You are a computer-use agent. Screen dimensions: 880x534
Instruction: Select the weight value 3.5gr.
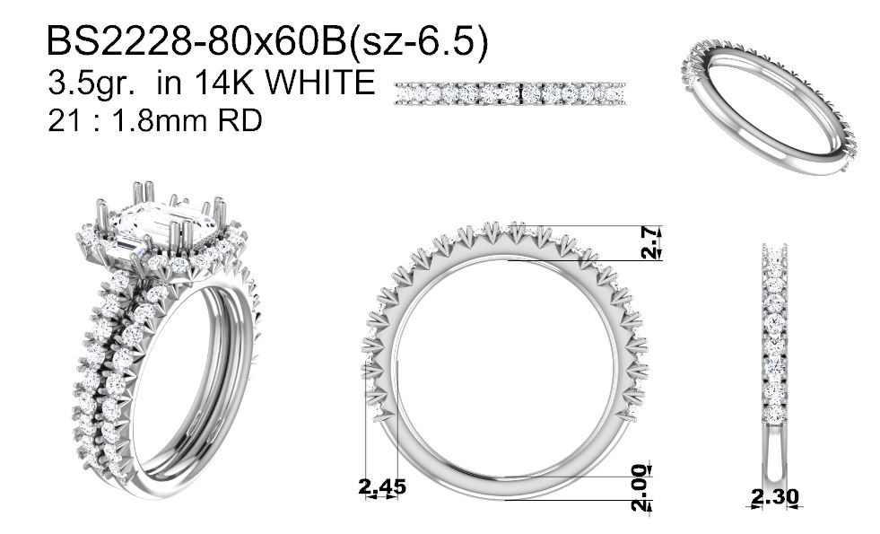tap(91, 83)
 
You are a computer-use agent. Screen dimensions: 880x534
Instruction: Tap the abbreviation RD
tap(240, 120)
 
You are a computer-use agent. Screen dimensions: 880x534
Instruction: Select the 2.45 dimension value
tap(381, 486)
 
